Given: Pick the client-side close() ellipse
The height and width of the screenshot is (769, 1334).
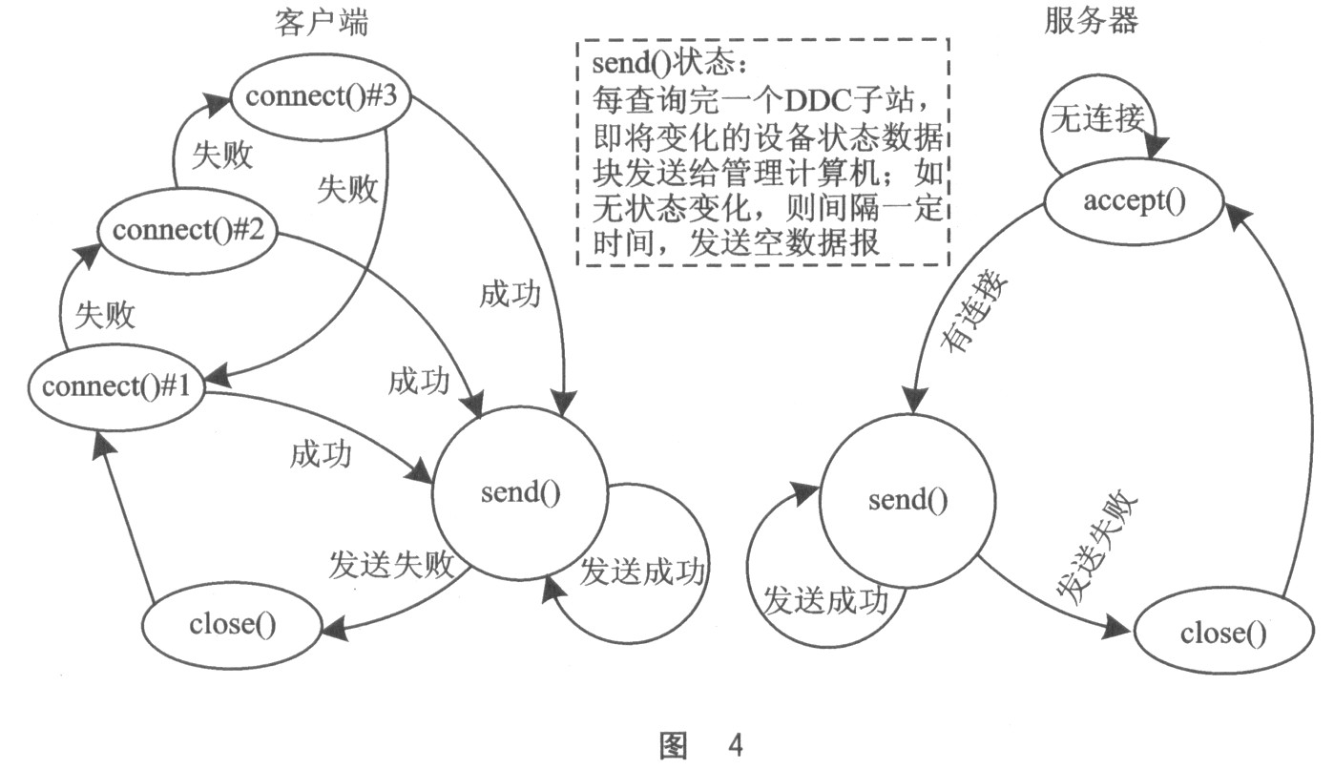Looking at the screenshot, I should pyautogui.click(x=232, y=625).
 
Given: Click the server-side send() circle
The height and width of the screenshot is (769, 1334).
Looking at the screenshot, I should pyautogui.click(x=907, y=501).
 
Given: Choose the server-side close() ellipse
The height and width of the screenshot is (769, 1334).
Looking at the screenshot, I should pyautogui.click(x=1222, y=634).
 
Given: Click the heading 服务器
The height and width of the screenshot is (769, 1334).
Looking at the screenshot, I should pyautogui.click(x=1091, y=22).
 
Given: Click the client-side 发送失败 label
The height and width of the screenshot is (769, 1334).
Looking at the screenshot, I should pyautogui.click(x=390, y=563).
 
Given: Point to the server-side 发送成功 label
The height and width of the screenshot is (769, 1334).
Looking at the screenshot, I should pyautogui.click(x=825, y=601).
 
